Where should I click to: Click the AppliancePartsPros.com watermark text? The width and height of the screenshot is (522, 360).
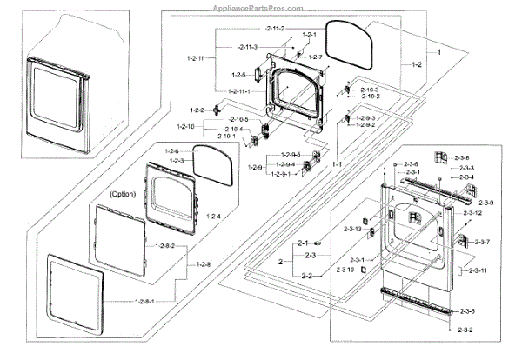coord(260,5)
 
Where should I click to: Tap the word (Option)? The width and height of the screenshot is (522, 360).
coord(124,194)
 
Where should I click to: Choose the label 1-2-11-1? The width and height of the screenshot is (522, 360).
coord(238,91)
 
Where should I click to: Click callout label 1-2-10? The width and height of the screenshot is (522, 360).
coord(187,128)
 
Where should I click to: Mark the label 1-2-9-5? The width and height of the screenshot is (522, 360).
coord(289,155)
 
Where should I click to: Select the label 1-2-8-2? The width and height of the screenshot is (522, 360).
coord(164,247)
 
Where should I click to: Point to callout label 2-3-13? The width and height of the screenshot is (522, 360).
coord(351,228)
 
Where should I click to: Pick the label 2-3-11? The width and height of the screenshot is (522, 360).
coord(478,271)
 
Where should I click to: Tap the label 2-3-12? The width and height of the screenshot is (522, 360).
coord(472,214)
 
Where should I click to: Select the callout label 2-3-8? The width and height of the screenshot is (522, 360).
coord(462,157)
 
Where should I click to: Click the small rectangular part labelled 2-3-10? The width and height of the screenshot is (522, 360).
coord(363,270)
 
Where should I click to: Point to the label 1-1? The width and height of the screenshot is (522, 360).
coord(336,163)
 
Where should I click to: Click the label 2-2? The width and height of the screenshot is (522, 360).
coord(306,276)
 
